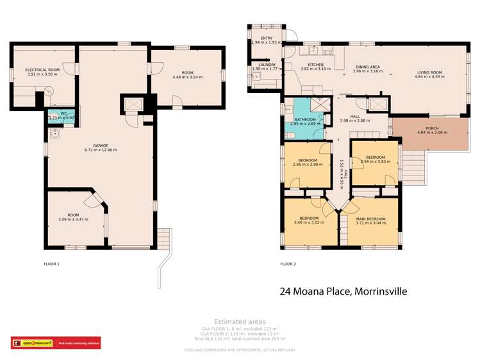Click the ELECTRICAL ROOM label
coord(42,70)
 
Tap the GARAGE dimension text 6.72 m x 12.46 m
coord(101,150)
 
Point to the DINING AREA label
coord(368,67)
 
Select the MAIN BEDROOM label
coord(372,219)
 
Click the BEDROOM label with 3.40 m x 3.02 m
coord(309,219)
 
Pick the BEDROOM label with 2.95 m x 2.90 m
coord(308,160)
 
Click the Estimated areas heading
coord(240,322)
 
